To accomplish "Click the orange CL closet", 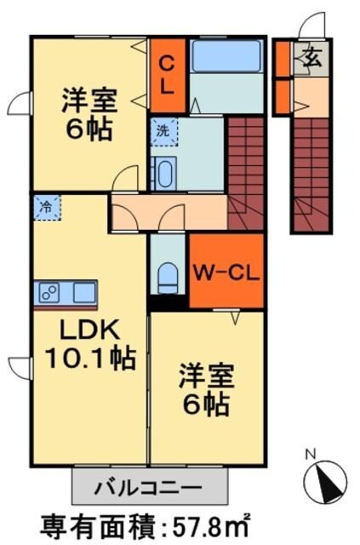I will pyautogui.click(x=168, y=74).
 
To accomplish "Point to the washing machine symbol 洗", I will pyautogui.click(x=161, y=132).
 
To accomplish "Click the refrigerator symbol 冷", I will pyautogui.click(x=47, y=207).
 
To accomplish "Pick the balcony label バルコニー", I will pyautogui.click(x=148, y=489).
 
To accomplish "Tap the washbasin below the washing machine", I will pyautogui.click(x=163, y=174).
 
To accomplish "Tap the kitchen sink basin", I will pyautogui.click(x=84, y=293).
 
